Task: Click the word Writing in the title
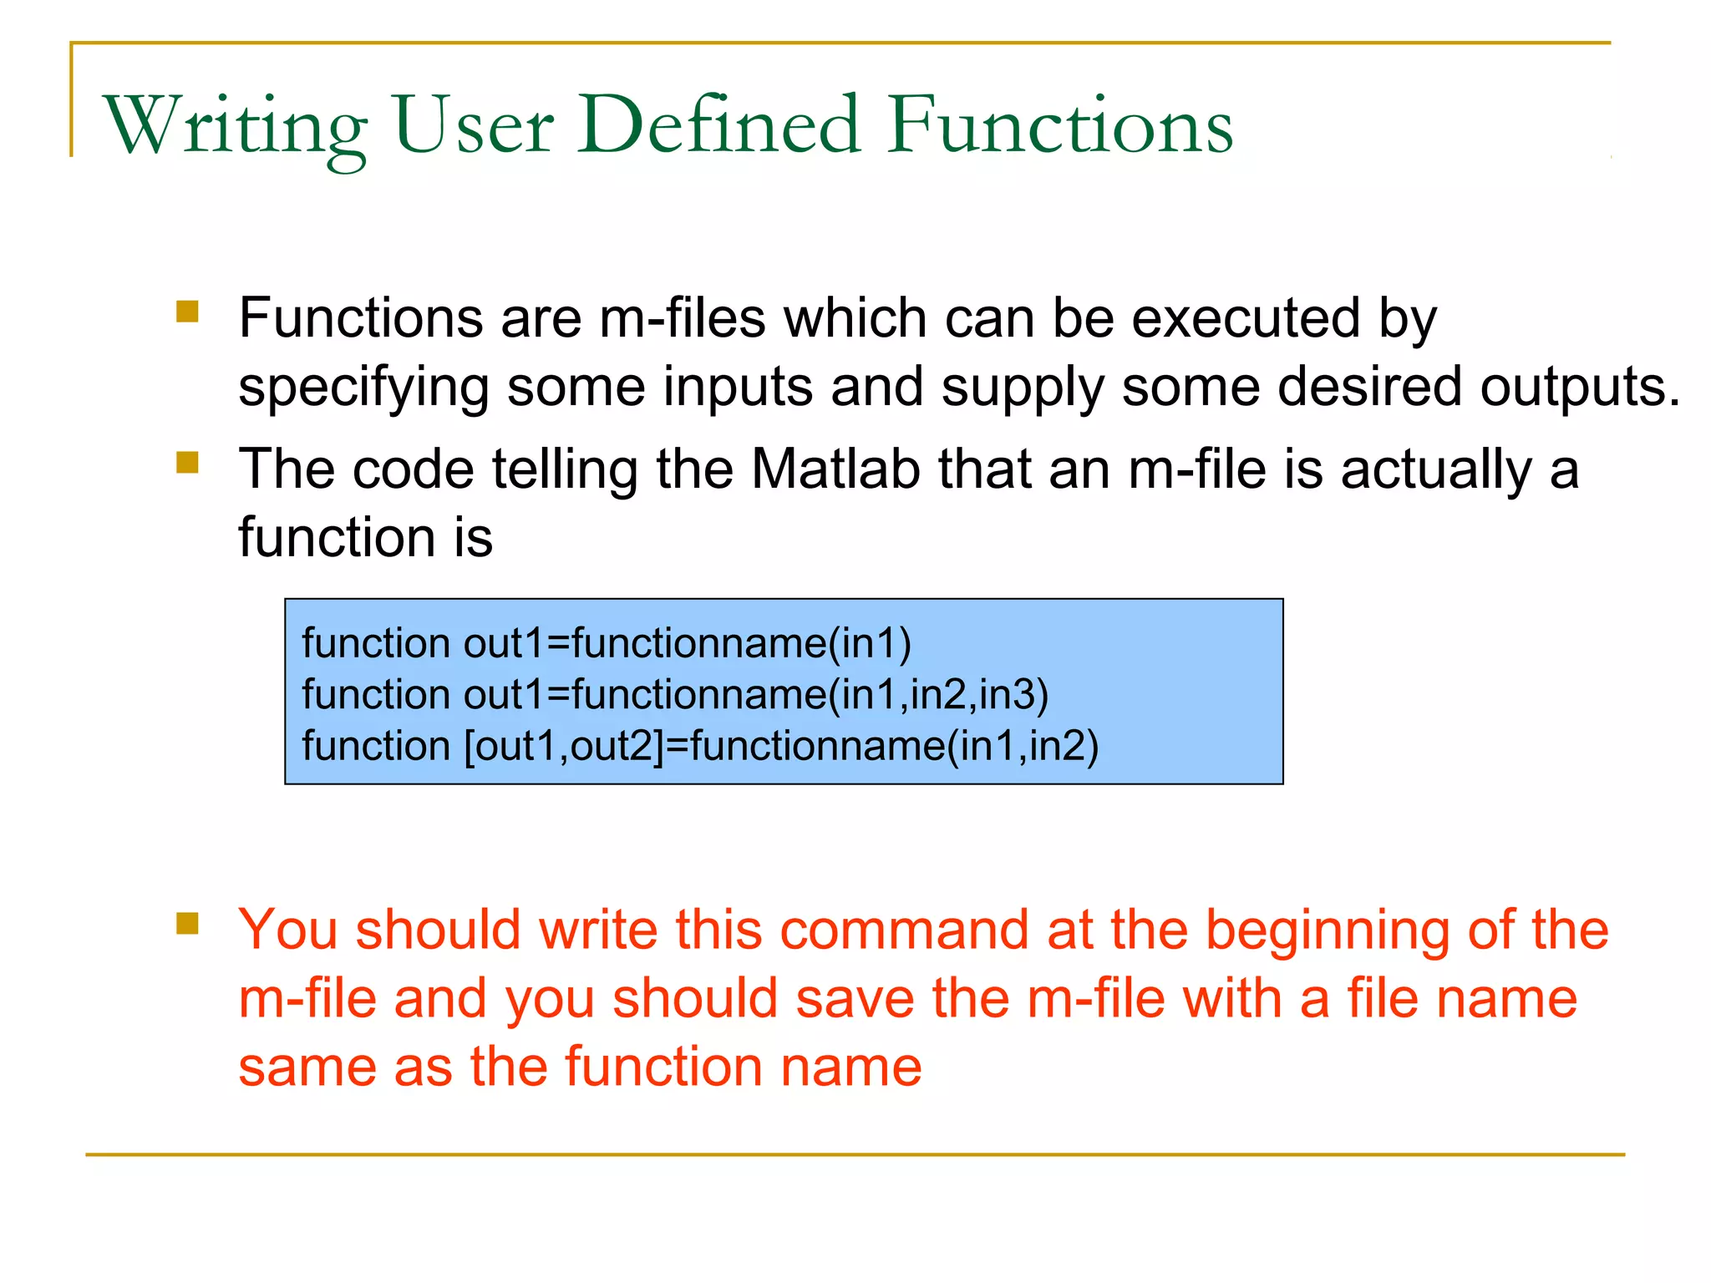235,127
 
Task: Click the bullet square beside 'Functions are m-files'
188,312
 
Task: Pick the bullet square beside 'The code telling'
188,462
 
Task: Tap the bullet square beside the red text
188,923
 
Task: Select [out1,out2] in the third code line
563,746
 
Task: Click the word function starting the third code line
376,746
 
